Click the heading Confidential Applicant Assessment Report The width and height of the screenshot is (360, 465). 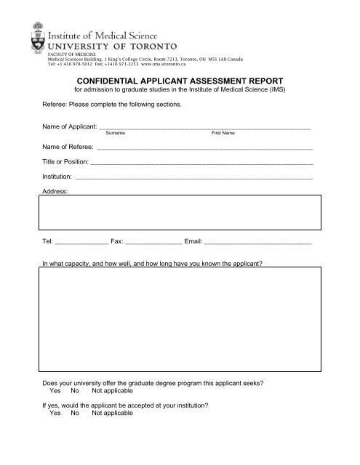click(179, 81)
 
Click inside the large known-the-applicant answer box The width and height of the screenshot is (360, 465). click(179, 320)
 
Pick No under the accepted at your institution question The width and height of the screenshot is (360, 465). click(75, 413)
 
